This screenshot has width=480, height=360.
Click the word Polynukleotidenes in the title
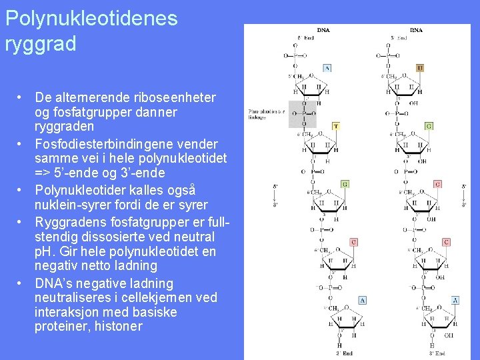pyautogui.click(x=91, y=19)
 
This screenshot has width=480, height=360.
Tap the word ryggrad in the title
pyautogui.click(x=41, y=44)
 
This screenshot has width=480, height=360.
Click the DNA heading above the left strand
pyautogui.click(x=323, y=30)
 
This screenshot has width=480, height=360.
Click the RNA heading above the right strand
pyautogui.click(x=416, y=30)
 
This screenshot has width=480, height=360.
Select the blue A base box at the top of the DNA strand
pyautogui.click(x=327, y=68)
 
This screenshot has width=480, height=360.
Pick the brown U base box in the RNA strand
pyautogui.click(x=420, y=68)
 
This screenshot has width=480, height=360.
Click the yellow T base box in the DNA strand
pyautogui.click(x=335, y=126)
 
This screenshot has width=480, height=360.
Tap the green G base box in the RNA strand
pyautogui.click(x=429, y=126)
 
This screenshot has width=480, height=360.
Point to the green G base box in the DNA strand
pyautogui.click(x=345, y=184)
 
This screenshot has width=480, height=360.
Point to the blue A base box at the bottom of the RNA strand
pyautogui.click(x=455, y=300)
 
